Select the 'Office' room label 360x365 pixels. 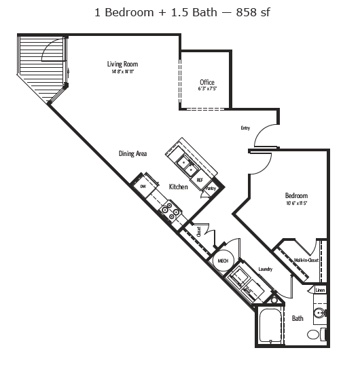click(x=207, y=82)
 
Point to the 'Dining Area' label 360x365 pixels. click(x=132, y=154)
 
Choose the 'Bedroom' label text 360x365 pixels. click(x=296, y=196)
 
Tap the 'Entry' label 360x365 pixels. click(x=245, y=128)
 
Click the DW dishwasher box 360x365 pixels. click(x=143, y=185)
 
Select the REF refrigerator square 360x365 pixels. click(x=200, y=180)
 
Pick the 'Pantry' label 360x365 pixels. click(x=211, y=188)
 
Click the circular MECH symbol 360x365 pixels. click(x=222, y=261)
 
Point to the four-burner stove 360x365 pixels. click(x=171, y=212)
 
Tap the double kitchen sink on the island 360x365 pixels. click(x=185, y=163)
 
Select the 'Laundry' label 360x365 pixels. click(x=265, y=269)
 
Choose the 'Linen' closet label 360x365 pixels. click(x=320, y=290)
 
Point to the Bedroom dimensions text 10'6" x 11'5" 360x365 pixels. click(x=296, y=204)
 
